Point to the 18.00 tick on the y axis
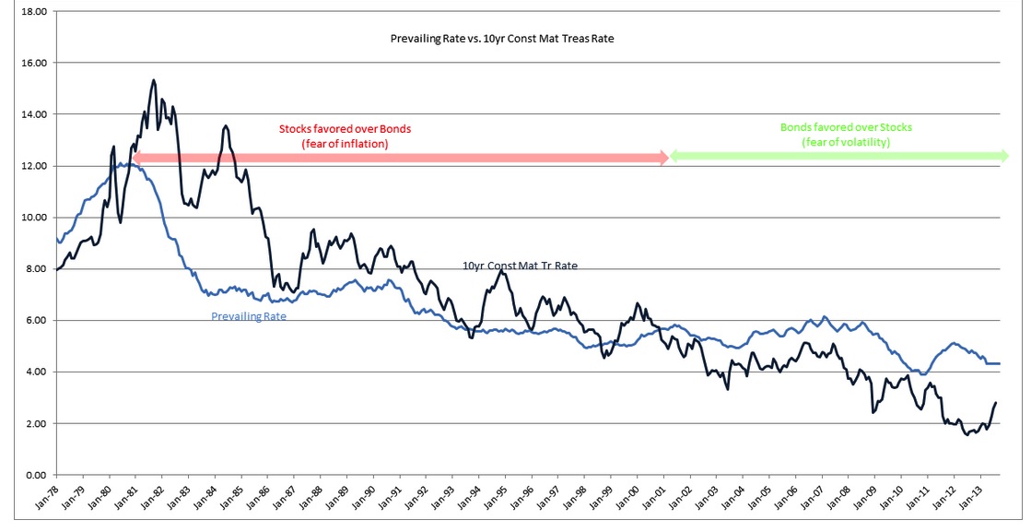tap(34, 11)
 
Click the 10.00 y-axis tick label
tap(34, 218)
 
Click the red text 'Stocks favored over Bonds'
tap(345, 129)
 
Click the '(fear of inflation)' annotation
tap(345, 144)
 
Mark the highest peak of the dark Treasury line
tap(153, 80)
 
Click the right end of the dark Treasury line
tap(997, 402)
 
